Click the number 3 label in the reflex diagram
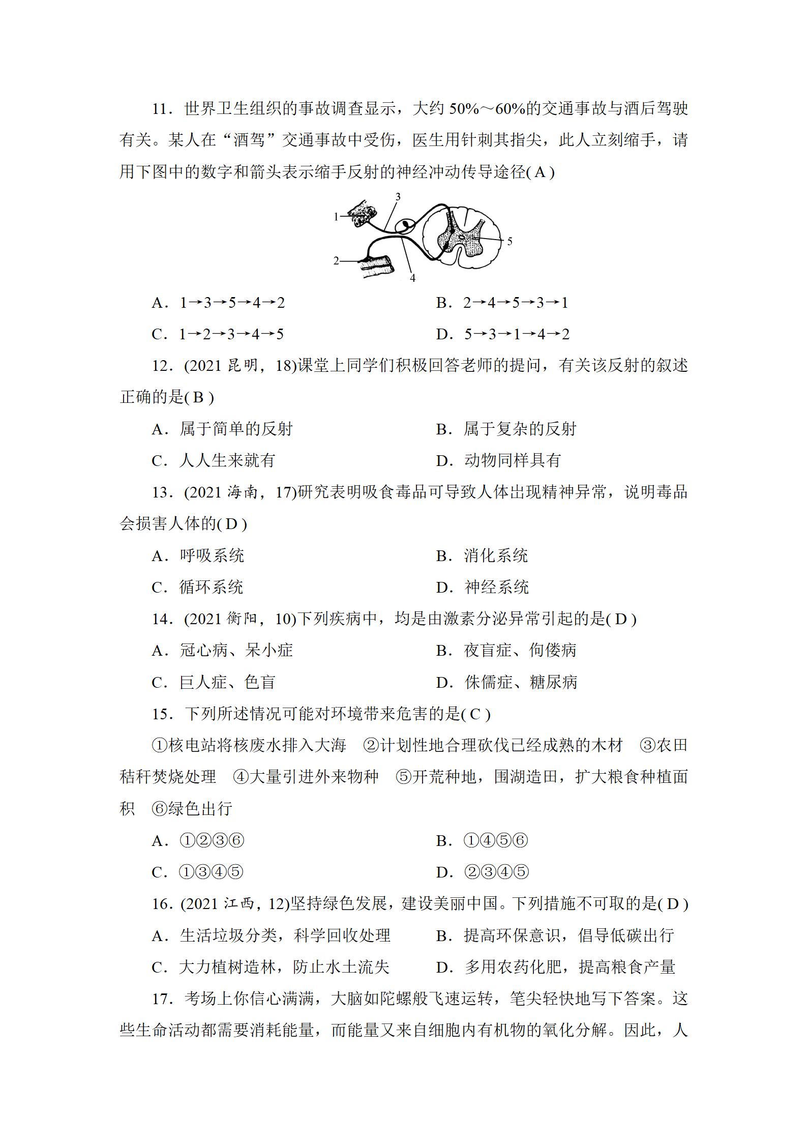pos(398,197)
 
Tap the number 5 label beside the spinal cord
pos(510,241)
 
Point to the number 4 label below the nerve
pos(412,278)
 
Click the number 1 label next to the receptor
pos(336,217)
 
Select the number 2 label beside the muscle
pos(336,261)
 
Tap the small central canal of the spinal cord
pos(461,237)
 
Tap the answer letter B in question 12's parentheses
pos(199,398)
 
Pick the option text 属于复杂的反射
pos(520,429)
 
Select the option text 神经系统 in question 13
pos(496,588)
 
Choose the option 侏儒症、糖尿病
pos(521,683)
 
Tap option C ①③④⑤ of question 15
pos(211,872)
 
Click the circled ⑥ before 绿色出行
pos(160,809)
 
